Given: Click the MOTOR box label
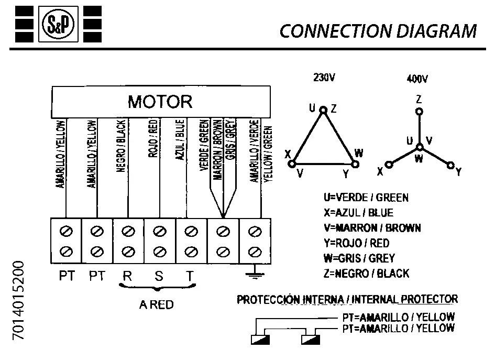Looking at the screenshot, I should coord(160,101).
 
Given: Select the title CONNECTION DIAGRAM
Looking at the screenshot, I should coord(378,31).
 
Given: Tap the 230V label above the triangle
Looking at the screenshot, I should coord(324,78).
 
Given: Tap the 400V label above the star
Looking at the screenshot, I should coord(417,80).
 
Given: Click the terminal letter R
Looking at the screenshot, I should coord(127,276).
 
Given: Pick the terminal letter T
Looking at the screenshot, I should coord(190,276).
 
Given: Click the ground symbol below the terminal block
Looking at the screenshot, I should coord(255,272).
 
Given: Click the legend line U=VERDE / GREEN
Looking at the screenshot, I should coord(366,198).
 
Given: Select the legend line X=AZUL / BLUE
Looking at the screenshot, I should coord(358,213).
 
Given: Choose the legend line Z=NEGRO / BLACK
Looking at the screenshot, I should coord(367,274).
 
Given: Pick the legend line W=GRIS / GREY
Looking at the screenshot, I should coord(359,258).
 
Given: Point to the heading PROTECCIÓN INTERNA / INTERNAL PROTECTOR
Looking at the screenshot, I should coord(347,300).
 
